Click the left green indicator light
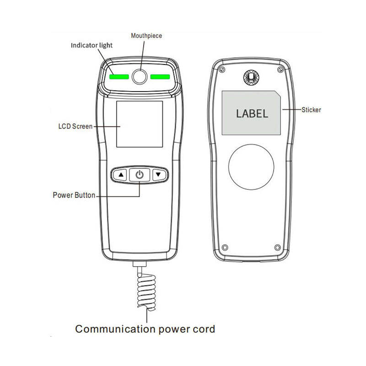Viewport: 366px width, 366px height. point(119,76)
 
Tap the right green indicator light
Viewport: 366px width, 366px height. point(160,76)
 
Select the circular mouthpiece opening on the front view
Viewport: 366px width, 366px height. point(140,76)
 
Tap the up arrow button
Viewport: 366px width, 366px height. point(120,175)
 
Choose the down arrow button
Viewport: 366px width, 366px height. point(159,175)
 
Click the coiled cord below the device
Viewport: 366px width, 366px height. point(146,292)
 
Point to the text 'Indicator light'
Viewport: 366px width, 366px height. point(92,45)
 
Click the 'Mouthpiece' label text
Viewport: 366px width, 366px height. point(146,36)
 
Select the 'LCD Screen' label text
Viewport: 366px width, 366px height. point(75,126)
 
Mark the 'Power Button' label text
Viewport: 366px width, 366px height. point(74,195)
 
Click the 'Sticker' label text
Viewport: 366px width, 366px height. point(311,110)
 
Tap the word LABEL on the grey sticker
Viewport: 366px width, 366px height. point(252,113)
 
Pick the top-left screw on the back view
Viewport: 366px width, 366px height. point(222,70)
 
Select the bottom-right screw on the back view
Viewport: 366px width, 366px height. point(278,248)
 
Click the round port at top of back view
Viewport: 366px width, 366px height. point(251,77)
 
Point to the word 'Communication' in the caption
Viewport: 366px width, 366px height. point(115,329)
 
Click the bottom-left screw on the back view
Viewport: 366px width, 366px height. point(225,248)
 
